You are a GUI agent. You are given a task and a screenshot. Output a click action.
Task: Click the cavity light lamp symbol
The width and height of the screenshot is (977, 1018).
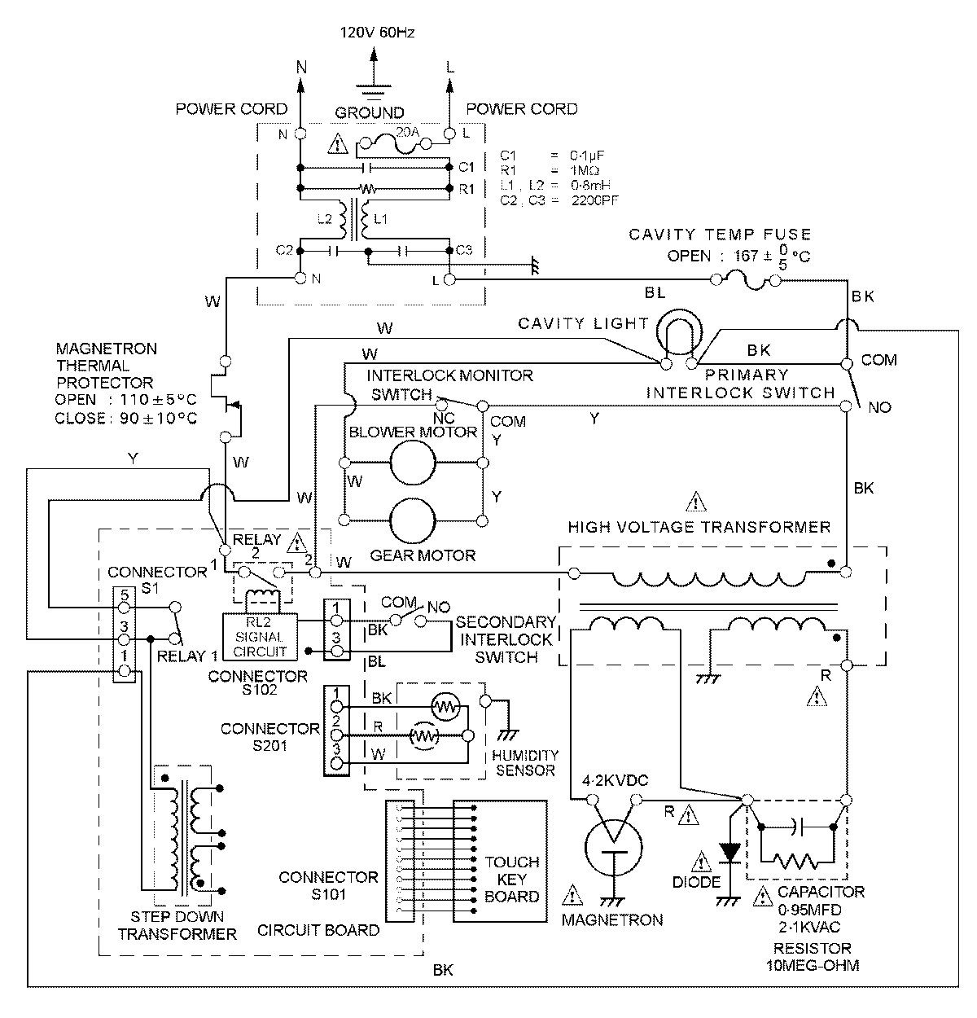(x=677, y=333)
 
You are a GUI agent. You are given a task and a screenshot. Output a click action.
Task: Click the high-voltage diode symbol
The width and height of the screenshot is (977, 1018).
(x=730, y=852)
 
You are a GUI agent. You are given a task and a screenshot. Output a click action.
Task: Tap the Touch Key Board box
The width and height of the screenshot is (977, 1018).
(x=511, y=880)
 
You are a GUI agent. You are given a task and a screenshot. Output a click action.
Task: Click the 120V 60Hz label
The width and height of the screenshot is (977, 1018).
(x=376, y=33)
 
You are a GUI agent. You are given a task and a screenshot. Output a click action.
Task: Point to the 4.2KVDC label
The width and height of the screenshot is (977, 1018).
(x=615, y=781)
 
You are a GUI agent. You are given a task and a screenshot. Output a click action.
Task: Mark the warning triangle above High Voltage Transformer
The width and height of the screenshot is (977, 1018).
(x=697, y=500)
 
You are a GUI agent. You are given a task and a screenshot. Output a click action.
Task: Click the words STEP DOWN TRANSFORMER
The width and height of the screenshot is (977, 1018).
(x=177, y=925)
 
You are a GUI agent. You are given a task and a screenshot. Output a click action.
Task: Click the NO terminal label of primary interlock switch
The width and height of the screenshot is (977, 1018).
(x=879, y=407)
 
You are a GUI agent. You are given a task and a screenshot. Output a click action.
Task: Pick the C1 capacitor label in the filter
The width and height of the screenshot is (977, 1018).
(x=466, y=167)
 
